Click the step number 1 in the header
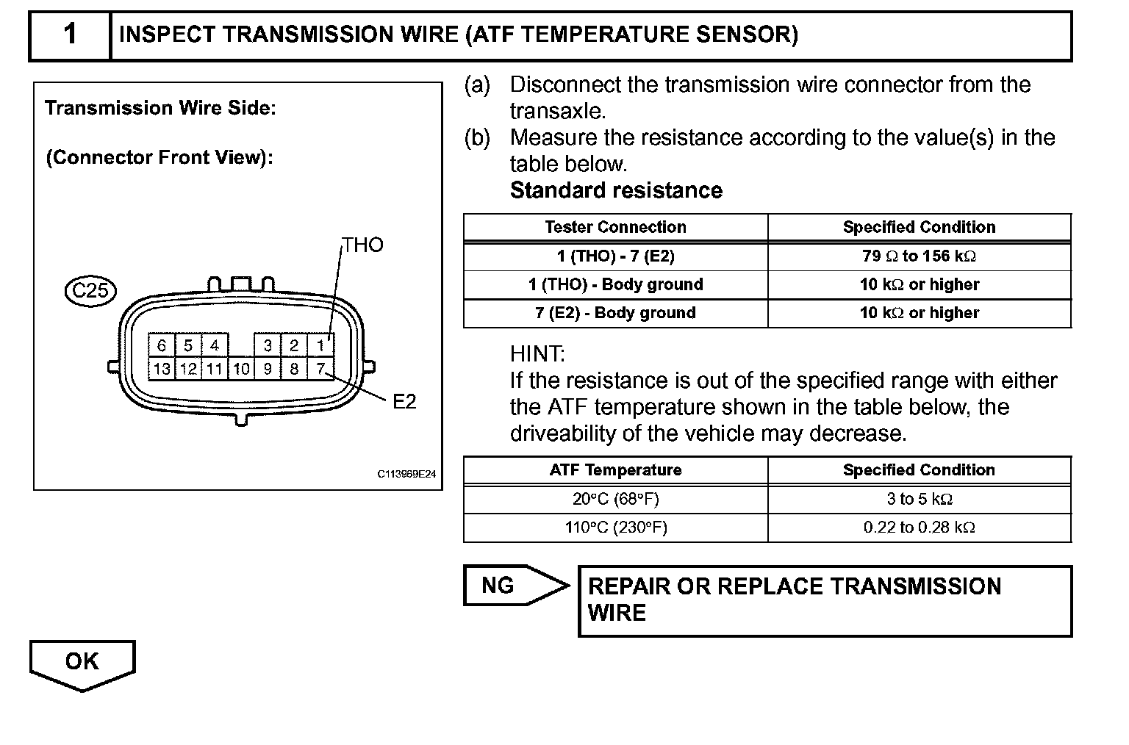point(70,35)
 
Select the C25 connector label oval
point(91,290)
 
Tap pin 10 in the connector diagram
point(241,368)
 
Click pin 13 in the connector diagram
point(162,368)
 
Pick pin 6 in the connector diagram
point(162,345)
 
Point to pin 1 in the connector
point(320,345)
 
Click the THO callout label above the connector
point(363,245)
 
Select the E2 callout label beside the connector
point(404,401)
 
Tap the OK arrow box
point(82,662)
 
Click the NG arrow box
point(507,586)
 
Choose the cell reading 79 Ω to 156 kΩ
point(919,256)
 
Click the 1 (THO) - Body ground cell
point(615,284)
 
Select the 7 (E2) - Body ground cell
point(615,313)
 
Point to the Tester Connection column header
point(615,227)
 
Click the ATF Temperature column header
point(615,470)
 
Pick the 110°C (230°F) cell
point(615,528)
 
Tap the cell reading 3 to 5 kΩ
point(919,500)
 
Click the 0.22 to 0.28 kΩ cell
point(919,528)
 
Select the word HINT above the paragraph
point(537,354)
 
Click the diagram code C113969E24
point(406,475)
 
